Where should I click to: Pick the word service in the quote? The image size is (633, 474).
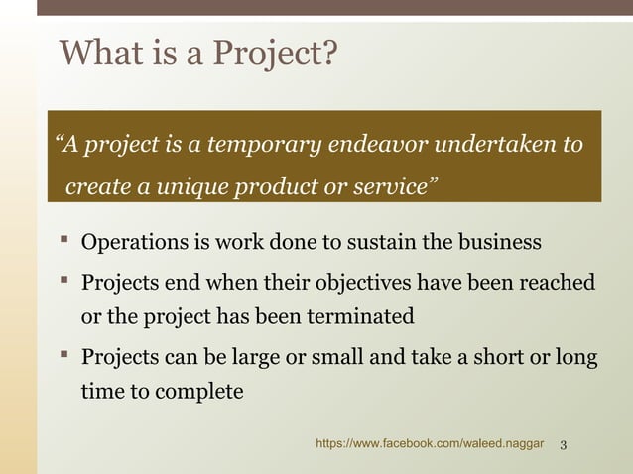(x=393, y=187)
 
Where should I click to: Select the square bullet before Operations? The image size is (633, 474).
(x=63, y=241)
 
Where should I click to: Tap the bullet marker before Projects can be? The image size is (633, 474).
(x=63, y=355)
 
